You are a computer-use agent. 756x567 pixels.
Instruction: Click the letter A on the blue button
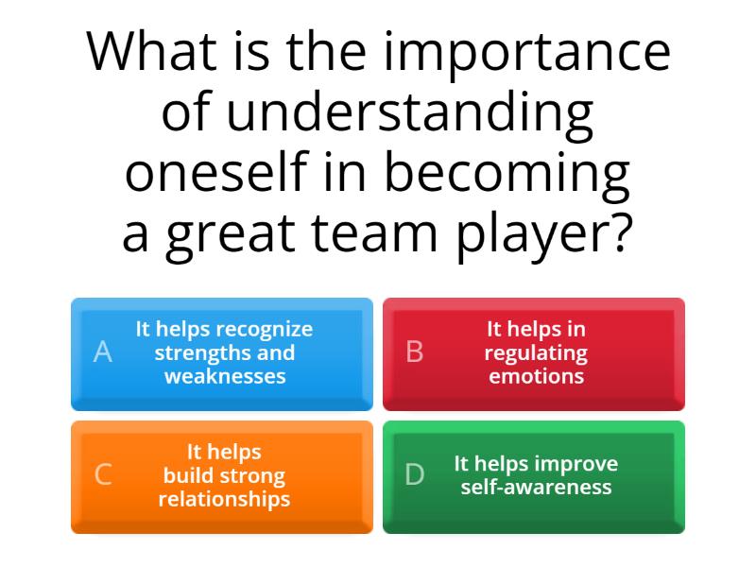[x=103, y=352]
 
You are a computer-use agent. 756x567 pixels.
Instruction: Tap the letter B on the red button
[x=414, y=352]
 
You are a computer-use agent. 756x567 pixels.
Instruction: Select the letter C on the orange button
[x=103, y=474]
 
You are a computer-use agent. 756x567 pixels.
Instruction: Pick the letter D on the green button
[x=414, y=474]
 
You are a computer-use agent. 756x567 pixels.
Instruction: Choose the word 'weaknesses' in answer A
[x=225, y=376]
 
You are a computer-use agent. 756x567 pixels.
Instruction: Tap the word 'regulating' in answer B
[x=535, y=353]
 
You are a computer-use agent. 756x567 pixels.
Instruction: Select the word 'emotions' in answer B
[x=536, y=376]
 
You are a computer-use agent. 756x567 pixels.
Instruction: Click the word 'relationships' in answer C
[x=224, y=498]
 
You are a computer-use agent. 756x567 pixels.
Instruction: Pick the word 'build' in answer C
[x=188, y=475]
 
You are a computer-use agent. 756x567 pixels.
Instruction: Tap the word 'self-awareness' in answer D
[x=536, y=488]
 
